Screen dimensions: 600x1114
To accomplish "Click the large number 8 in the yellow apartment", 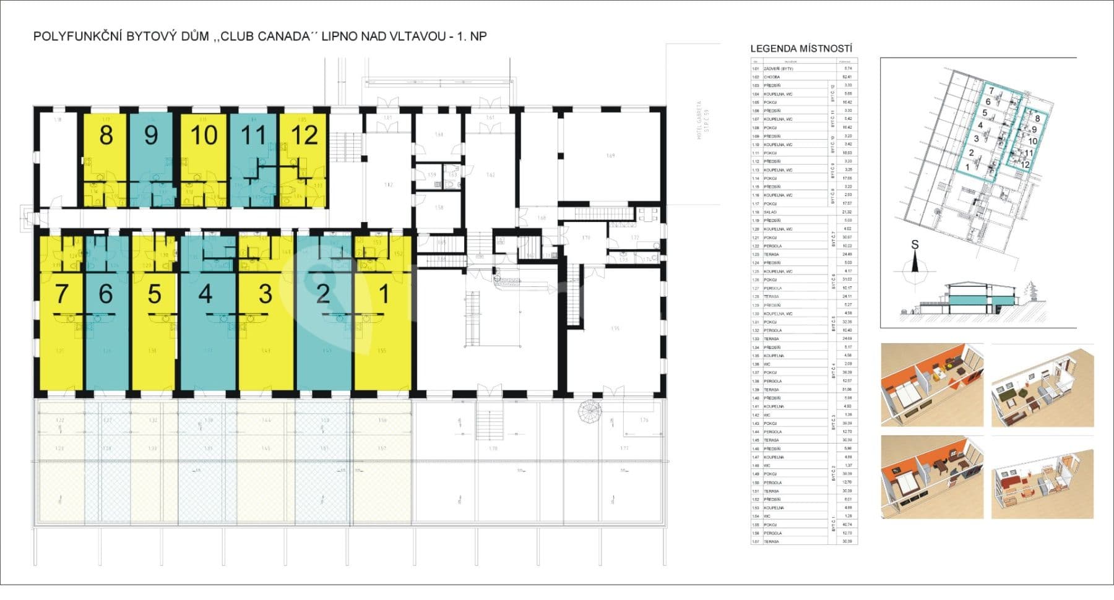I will [x=106, y=135].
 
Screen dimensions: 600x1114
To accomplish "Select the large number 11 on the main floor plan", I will [x=253, y=135].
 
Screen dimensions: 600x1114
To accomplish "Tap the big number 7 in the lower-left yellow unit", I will [x=61, y=294].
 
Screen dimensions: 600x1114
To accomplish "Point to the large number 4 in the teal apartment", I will [x=205, y=294].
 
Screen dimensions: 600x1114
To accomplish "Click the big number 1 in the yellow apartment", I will [x=384, y=294].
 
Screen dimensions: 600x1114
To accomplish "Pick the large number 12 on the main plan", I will [x=304, y=135].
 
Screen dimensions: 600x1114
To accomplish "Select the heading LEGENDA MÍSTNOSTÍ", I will [x=801, y=49].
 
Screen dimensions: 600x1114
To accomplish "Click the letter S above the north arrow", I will [x=915, y=245].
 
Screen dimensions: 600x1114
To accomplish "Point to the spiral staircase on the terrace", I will [x=589, y=409].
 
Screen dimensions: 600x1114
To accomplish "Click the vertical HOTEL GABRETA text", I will [x=701, y=121].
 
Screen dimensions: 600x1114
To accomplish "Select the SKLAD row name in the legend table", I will [x=771, y=212].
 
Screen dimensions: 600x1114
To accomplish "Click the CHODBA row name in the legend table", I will [x=772, y=77].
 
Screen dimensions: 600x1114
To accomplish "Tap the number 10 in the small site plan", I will [x=1032, y=141].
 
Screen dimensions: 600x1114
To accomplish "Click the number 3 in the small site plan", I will [x=976, y=139].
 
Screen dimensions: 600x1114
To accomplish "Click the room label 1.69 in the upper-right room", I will [x=610, y=156].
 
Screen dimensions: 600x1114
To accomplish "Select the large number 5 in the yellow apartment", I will [x=154, y=294].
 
